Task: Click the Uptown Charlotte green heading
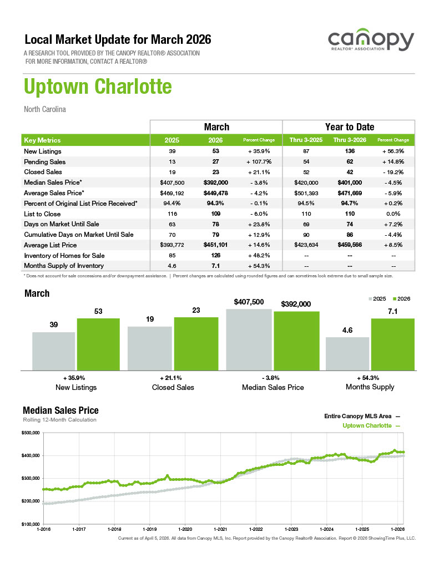(98, 87)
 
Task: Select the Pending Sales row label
(45, 162)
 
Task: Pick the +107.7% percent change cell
(259, 162)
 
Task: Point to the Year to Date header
(349, 127)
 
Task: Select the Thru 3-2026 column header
(349, 140)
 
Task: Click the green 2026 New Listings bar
(98, 344)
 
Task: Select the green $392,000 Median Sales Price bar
(296, 341)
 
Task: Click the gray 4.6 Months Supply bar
(347, 353)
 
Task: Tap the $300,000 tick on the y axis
(31, 478)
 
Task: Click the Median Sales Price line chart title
(60, 410)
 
